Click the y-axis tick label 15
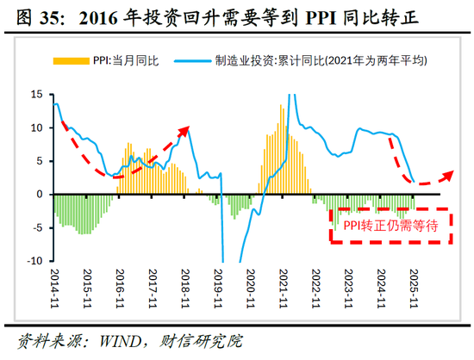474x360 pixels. coord(36,94)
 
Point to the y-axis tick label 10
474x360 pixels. coord(36,127)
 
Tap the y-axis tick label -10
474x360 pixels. coord(34,260)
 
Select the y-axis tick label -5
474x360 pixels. coord(36,227)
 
